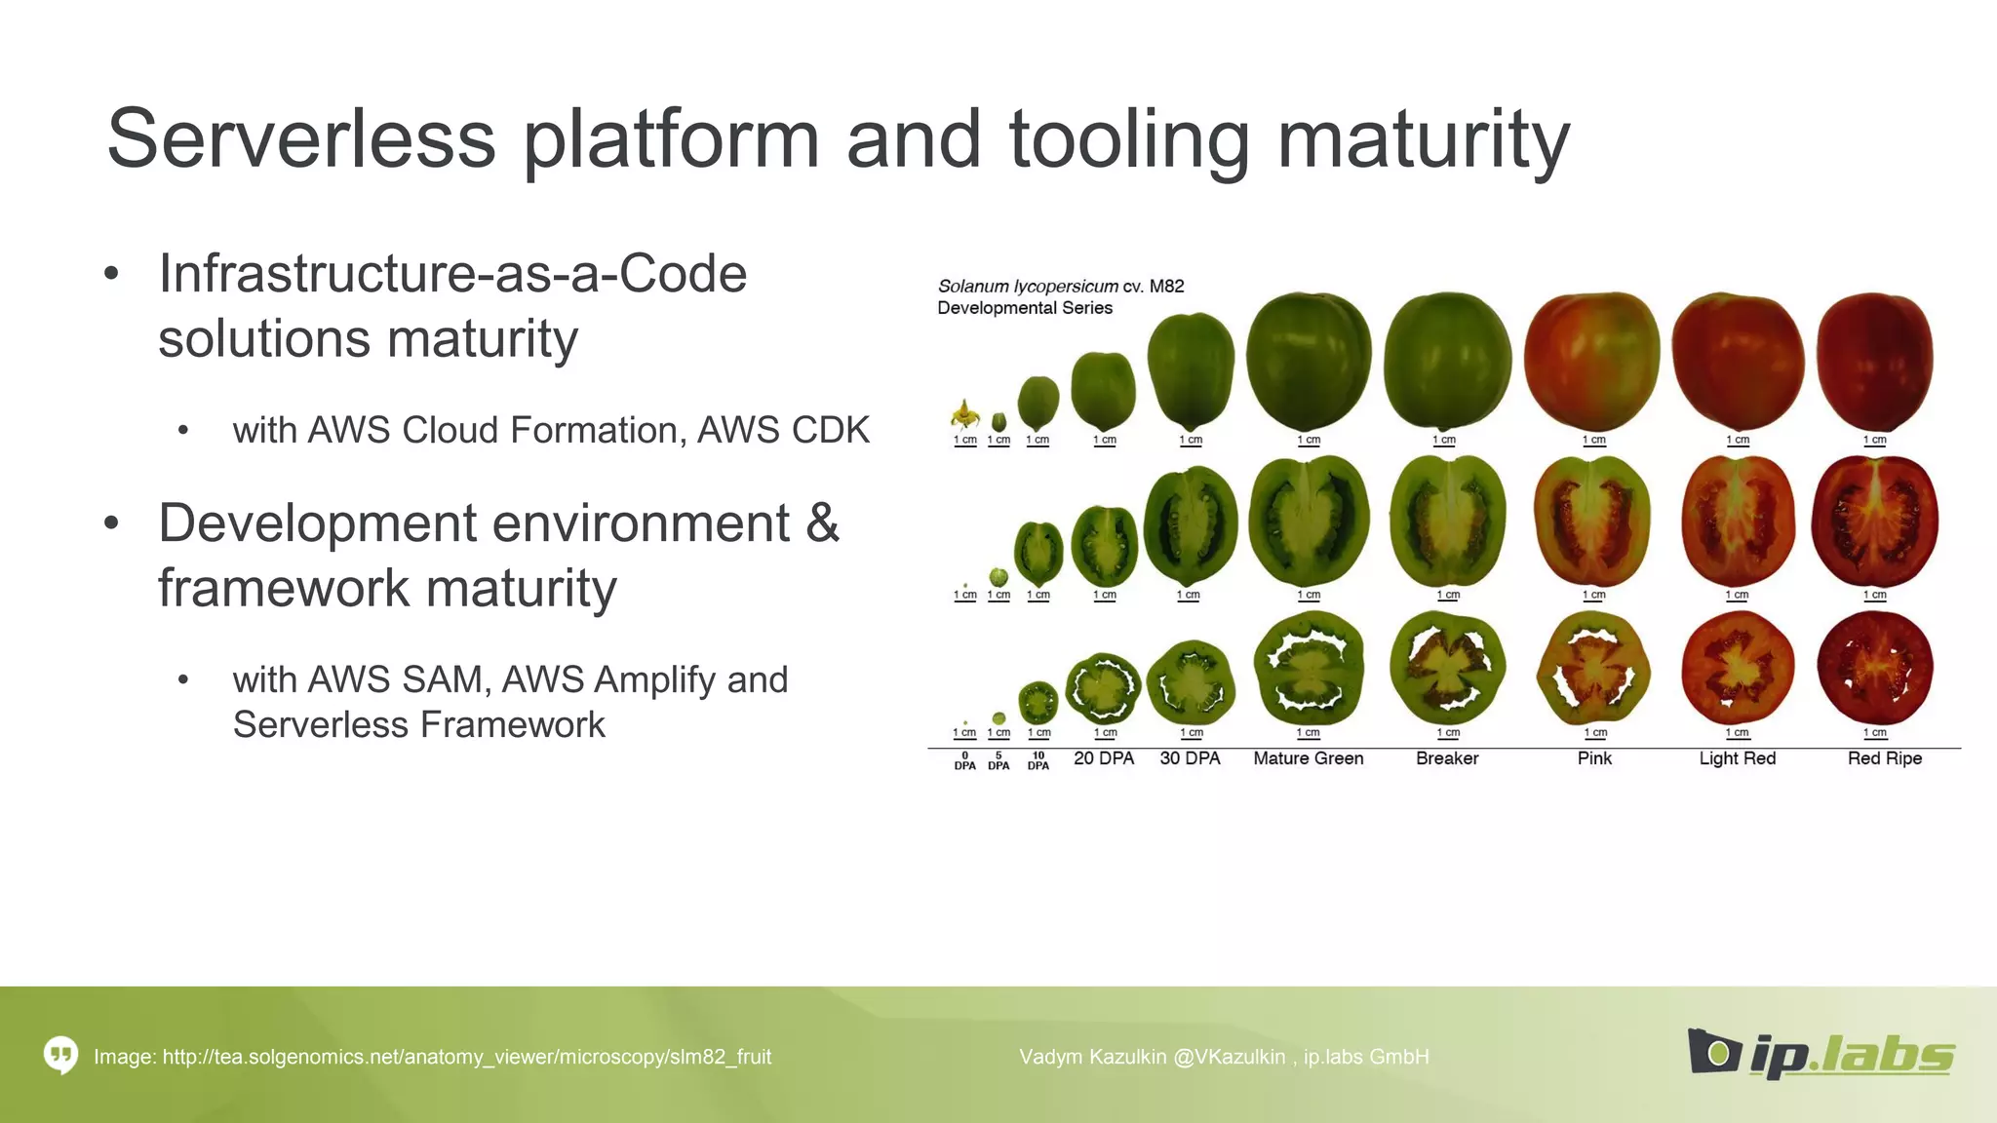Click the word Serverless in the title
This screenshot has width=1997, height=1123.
(x=300, y=138)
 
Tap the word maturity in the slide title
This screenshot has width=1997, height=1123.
(x=1423, y=138)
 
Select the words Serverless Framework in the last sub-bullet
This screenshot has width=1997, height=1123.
(x=418, y=724)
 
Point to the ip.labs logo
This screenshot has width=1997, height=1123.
(x=1821, y=1055)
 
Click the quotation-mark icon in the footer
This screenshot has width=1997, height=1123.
(x=60, y=1055)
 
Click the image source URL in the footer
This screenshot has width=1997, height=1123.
(x=466, y=1057)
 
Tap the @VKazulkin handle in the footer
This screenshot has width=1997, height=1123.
(x=1228, y=1057)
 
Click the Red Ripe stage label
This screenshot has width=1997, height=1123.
(x=1884, y=758)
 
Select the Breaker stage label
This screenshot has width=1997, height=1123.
(x=1447, y=758)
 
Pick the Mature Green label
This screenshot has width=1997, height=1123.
(x=1308, y=758)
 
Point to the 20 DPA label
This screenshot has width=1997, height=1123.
(x=1104, y=758)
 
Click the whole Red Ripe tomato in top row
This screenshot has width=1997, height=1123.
(x=1874, y=362)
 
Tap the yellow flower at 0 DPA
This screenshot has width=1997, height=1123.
(x=964, y=415)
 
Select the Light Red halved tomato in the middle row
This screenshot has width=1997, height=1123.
(x=1737, y=523)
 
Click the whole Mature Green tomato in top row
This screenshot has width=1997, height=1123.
(x=1308, y=360)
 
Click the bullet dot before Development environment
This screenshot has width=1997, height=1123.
(x=112, y=523)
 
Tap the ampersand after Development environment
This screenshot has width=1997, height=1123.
(x=822, y=523)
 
